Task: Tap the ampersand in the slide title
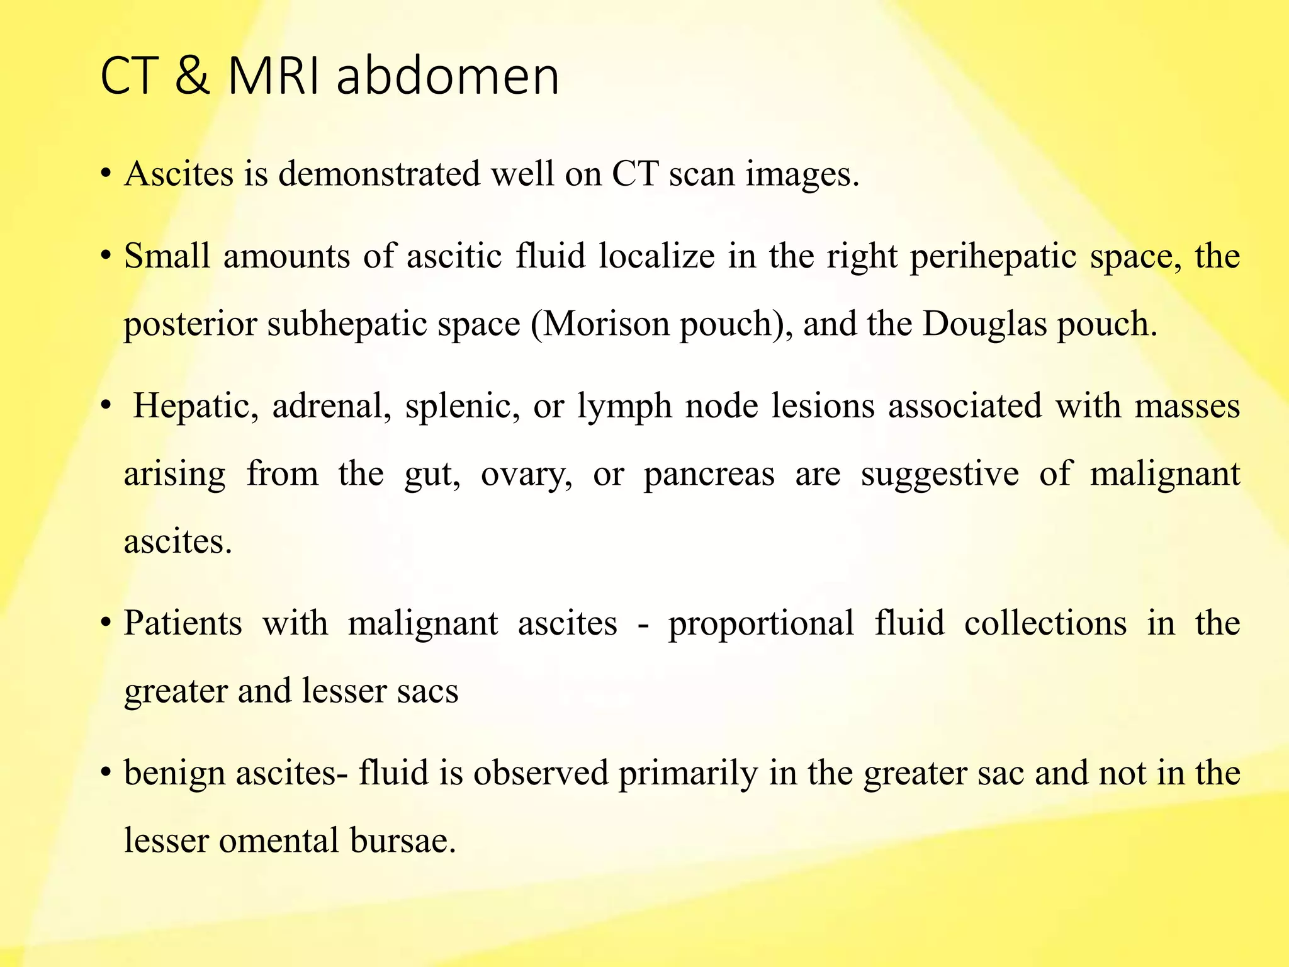coord(192,77)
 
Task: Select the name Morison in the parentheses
coord(604,324)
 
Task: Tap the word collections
coord(1045,623)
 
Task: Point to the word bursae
coord(403,840)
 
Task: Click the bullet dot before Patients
coord(106,623)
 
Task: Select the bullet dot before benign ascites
coord(106,772)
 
